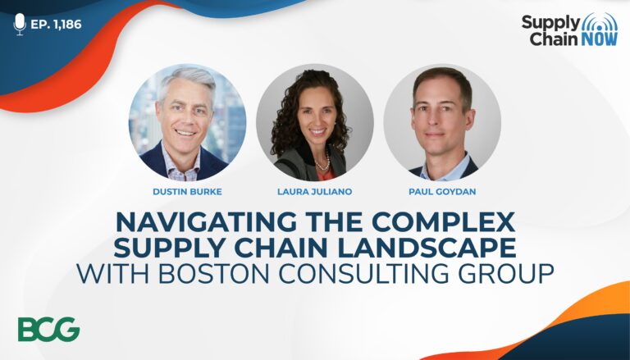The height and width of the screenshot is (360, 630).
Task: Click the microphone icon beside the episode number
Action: pos(20,24)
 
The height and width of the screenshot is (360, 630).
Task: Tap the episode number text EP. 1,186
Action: pos(56,25)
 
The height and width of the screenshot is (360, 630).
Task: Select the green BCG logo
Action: pos(49,329)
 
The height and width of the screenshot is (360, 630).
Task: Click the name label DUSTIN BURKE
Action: pos(187,192)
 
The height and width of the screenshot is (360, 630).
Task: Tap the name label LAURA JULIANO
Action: pos(315,192)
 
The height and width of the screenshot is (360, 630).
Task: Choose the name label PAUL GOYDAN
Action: pos(442,192)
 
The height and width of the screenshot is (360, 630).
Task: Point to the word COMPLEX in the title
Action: pos(443,221)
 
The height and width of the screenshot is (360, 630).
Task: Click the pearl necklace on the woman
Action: pos(323,162)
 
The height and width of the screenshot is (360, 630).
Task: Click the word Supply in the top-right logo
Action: pos(551,24)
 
